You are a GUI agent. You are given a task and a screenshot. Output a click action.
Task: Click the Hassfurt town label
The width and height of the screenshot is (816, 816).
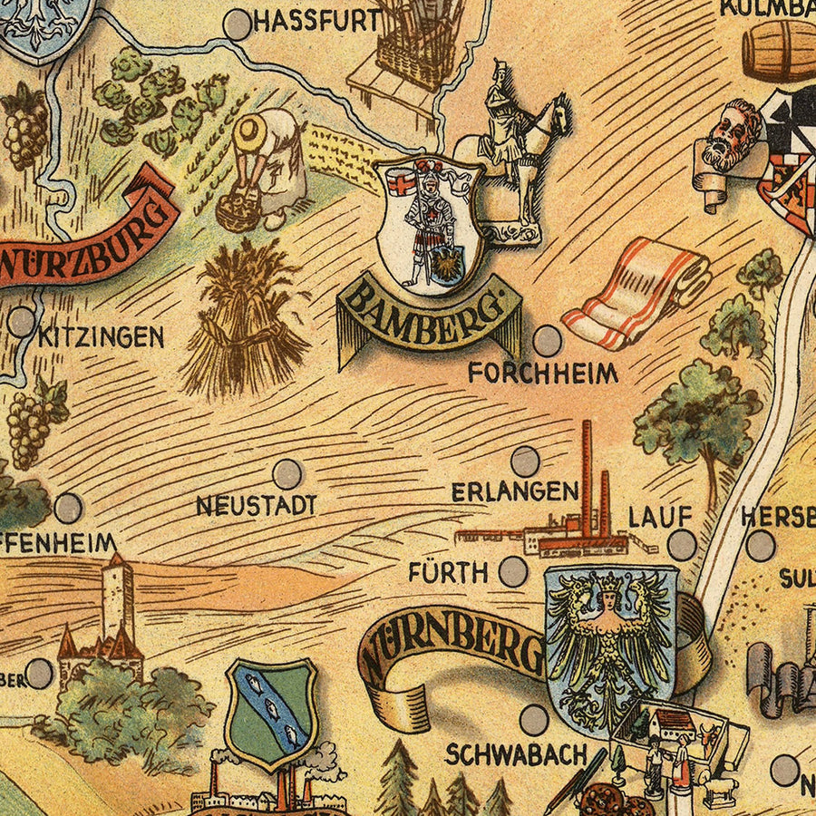point(316,22)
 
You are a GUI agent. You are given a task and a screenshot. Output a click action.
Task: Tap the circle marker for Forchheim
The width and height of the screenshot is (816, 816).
point(547,341)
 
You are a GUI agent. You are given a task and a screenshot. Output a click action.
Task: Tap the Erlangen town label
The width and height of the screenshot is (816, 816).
point(515,491)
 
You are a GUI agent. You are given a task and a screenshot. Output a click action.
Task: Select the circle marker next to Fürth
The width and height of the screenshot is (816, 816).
point(513,571)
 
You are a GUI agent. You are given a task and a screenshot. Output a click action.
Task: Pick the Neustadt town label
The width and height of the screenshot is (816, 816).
point(257,505)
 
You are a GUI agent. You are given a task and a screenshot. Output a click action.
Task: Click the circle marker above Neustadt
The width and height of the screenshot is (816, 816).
point(287,473)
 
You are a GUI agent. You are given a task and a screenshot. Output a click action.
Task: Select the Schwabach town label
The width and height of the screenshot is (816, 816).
point(516,754)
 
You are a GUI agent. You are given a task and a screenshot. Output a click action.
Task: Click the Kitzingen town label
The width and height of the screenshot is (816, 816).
point(101,338)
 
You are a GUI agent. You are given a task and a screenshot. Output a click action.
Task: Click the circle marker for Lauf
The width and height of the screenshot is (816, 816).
point(682,545)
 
